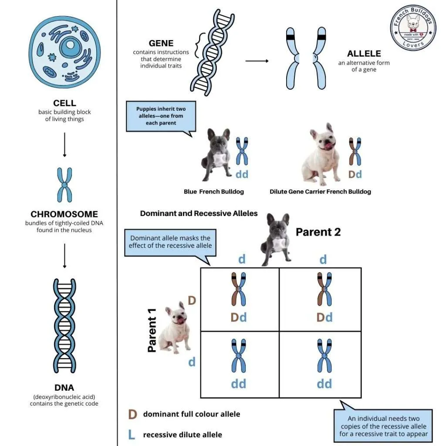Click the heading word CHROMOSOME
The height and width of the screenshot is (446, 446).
64,214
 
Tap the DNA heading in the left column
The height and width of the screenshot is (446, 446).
64,388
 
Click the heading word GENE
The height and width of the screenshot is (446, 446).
161,43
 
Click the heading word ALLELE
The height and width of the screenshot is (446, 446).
364,54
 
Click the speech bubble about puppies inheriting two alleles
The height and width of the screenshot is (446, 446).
159,116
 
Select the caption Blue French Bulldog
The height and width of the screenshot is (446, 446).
213,192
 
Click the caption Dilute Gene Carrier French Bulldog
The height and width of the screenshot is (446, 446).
320,192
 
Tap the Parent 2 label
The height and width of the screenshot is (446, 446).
318,232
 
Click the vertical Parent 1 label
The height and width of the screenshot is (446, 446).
152,334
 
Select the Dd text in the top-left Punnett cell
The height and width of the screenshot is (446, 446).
239,317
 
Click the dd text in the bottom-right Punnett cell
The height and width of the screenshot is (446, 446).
324,383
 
